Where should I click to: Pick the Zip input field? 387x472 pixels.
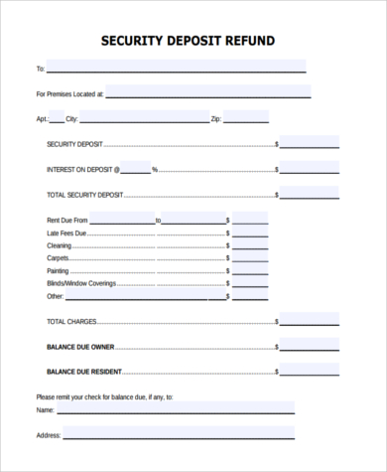pos(245,117)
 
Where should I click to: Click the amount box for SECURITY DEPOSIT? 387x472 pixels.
pos(309,142)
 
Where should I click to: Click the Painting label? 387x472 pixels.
pos(58,269)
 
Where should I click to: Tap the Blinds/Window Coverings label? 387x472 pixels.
pos(81,282)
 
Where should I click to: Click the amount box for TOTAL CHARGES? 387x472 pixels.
pos(309,320)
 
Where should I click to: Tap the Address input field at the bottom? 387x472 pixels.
pos(179,433)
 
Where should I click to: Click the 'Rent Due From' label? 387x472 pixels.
pos(67,219)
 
